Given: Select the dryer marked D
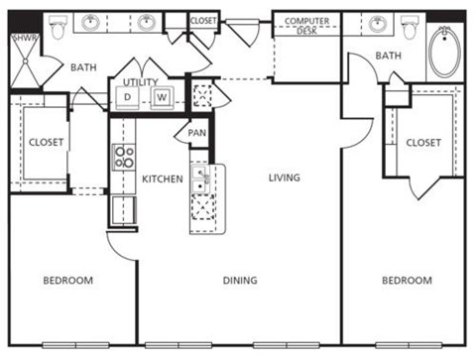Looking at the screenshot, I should pyautogui.click(x=129, y=97).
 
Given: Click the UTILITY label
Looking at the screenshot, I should pyautogui.click(x=141, y=82).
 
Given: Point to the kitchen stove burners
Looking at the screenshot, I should pyautogui.click(x=125, y=157).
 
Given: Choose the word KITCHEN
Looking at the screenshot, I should pyautogui.click(x=162, y=179).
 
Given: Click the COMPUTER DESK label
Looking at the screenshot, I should pyautogui.click(x=306, y=25).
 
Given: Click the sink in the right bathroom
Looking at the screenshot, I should pyautogui.click(x=377, y=23).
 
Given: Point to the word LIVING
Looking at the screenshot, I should pyautogui.click(x=284, y=178).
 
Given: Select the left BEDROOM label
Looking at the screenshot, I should pyautogui.click(x=67, y=281).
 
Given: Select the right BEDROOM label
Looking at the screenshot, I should pyautogui.click(x=408, y=281).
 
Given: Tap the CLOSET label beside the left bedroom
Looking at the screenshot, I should pyautogui.click(x=46, y=143).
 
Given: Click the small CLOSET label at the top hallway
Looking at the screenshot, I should pyautogui.click(x=203, y=19).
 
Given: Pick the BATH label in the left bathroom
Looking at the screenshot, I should pyautogui.click(x=81, y=67).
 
